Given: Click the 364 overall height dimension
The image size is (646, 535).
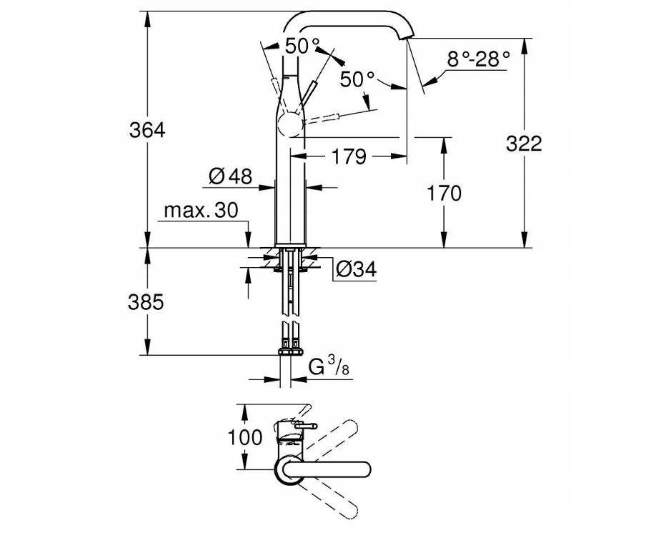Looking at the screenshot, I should tap(147, 131).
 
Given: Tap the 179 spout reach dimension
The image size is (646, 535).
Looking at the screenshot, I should tap(349, 156).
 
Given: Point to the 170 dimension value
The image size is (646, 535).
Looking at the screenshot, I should tap(443, 193).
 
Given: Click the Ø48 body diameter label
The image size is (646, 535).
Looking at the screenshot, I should tap(231, 176).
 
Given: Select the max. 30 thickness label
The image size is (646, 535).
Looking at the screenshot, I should tap(200, 211).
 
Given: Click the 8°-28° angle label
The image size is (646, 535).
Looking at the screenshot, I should tap(479, 59).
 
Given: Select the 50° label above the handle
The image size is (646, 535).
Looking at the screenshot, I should tap(302, 46).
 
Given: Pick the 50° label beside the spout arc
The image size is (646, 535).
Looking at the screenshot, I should tap(357, 79).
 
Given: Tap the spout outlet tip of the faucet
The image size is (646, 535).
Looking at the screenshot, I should tap(407, 41).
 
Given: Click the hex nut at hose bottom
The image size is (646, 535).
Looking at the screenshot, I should tap(289, 352).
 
